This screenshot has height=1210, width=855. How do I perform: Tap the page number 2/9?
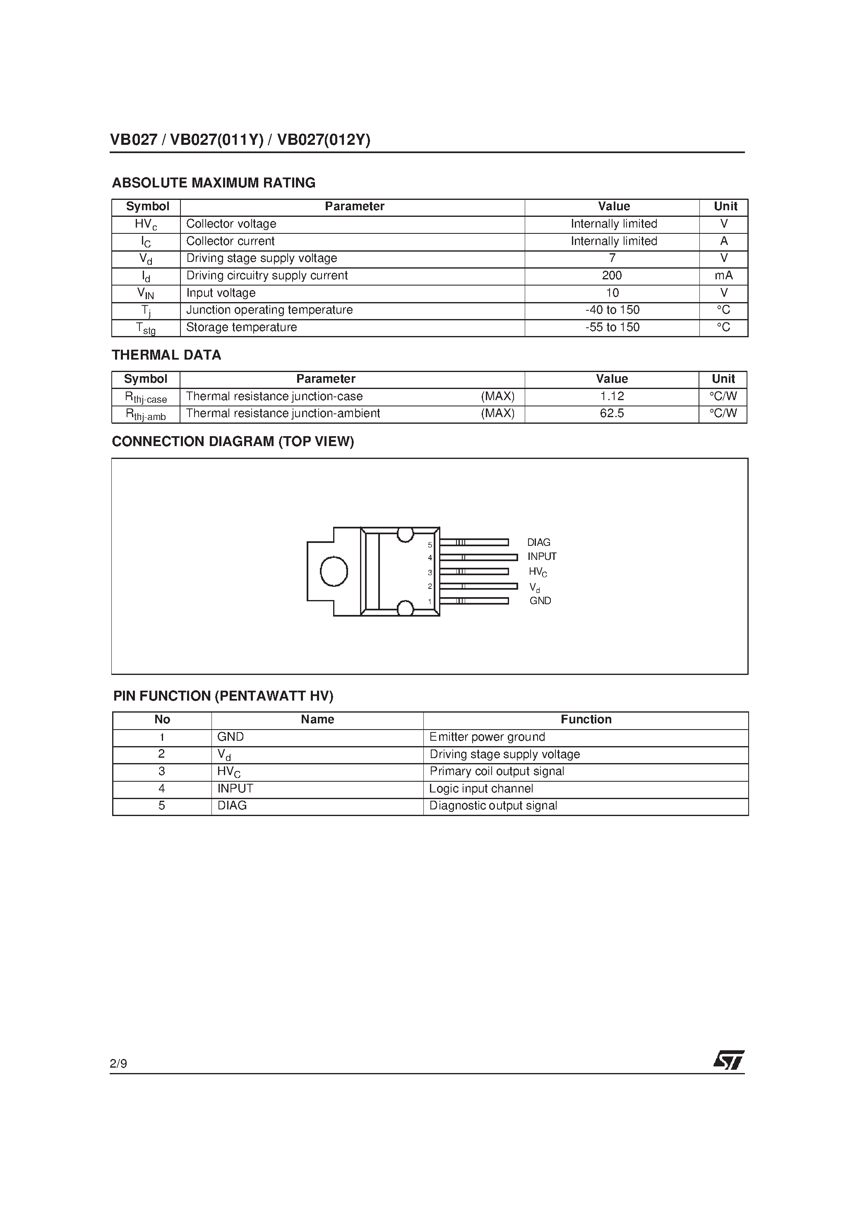click(x=119, y=1064)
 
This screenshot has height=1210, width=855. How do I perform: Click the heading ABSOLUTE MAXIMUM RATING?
click(x=214, y=183)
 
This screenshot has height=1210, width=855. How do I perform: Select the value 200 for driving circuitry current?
click(x=612, y=276)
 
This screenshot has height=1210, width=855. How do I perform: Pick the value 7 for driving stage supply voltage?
click(x=612, y=258)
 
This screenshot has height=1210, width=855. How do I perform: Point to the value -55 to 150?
click(x=612, y=327)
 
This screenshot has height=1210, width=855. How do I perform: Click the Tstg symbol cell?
click(x=146, y=328)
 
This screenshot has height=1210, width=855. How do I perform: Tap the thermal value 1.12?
click(x=612, y=396)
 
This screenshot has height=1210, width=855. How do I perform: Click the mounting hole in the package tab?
click(x=334, y=571)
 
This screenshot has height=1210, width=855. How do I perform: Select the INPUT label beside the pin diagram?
click(x=541, y=557)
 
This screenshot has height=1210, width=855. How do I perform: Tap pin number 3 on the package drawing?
click(x=430, y=572)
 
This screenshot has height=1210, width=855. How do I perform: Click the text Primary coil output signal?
click(x=497, y=771)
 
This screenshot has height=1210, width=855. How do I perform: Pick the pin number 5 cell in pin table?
click(x=162, y=806)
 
